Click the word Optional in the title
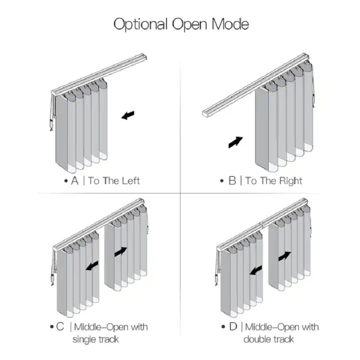point(140,24)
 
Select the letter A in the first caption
point(75,181)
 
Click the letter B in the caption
point(232,181)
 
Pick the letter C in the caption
point(60,327)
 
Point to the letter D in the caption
point(233,327)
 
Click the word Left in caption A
point(130,181)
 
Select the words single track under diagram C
point(96,339)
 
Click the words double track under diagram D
point(269,339)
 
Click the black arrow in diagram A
point(128,115)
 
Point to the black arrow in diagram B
point(235,142)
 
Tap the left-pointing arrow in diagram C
point(92,265)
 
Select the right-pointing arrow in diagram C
point(121,252)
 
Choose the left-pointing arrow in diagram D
point(256,270)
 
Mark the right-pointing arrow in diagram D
point(285,256)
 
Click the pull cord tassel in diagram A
point(51,125)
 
